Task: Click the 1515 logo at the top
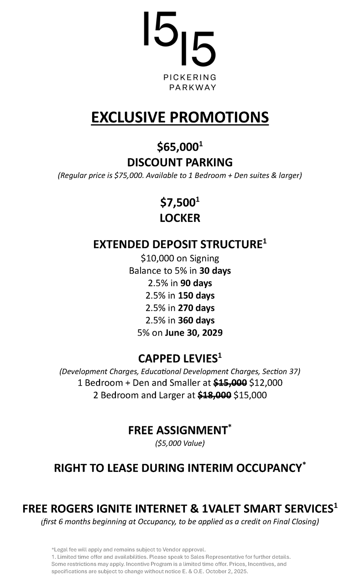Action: point(179,39)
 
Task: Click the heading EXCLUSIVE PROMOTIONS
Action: point(180,117)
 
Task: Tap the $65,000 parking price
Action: point(178,147)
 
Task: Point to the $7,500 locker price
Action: point(178,203)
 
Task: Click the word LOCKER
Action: point(180,218)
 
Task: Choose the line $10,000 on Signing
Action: point(180,258)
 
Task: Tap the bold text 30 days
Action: point(215,271)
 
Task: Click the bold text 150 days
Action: point(196,296)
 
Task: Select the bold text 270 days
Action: point(196,308)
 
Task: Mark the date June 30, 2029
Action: point(194,333)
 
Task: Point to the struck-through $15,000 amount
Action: point(230,383)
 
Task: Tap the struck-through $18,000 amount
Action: point(214,395)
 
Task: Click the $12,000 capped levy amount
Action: point(266,383)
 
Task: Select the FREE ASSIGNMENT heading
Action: point(178,430)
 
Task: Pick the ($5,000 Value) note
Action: point(180,443)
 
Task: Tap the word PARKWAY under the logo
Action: point(192,87)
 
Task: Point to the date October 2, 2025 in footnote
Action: point(227,572)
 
